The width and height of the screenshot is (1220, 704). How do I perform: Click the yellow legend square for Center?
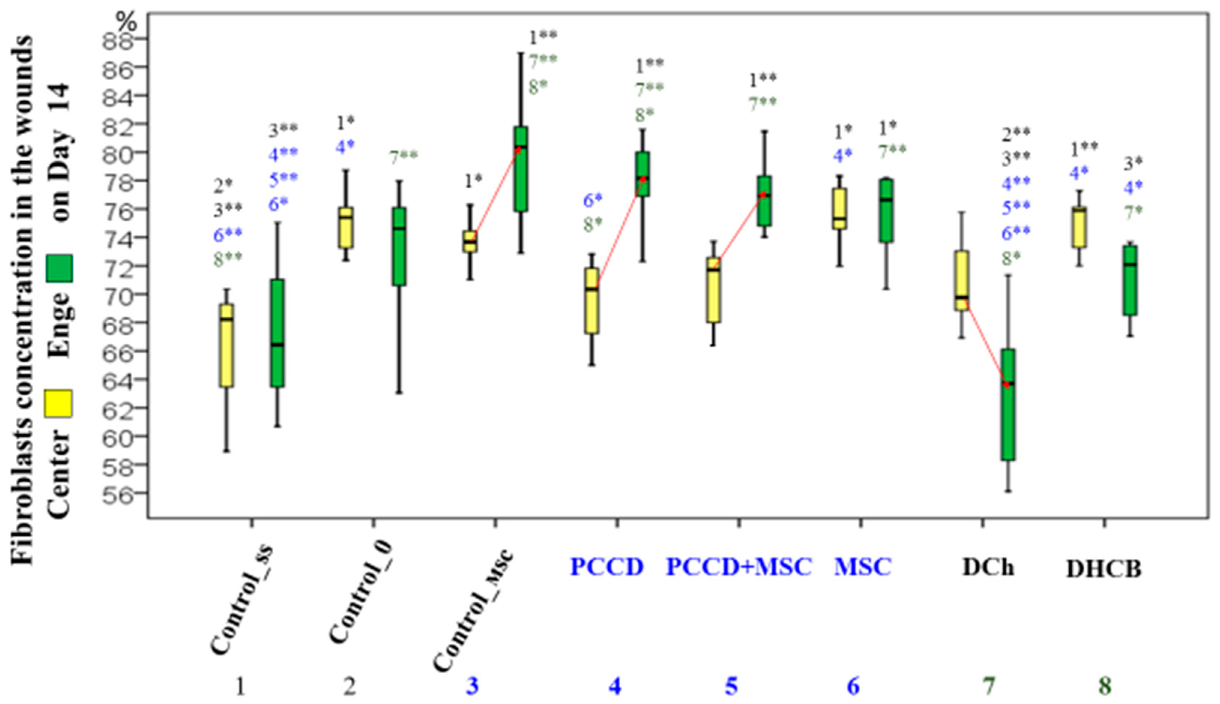[x=58, y=404]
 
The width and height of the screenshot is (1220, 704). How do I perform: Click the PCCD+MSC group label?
[x=739, y=567]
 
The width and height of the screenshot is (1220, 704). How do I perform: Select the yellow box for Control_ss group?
[x=227, y=345]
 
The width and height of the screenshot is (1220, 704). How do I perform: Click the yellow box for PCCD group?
[x=591, y=301]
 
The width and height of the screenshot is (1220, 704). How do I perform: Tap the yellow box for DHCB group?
[x=1079, y=227]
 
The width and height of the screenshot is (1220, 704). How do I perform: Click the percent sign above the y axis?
[x=126, y=21]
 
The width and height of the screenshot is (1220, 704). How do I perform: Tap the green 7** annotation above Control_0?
[x=403, y=157]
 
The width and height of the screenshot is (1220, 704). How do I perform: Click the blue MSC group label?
[x=862, y=567]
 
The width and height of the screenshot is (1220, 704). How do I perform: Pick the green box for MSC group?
[x=886, y=210]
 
